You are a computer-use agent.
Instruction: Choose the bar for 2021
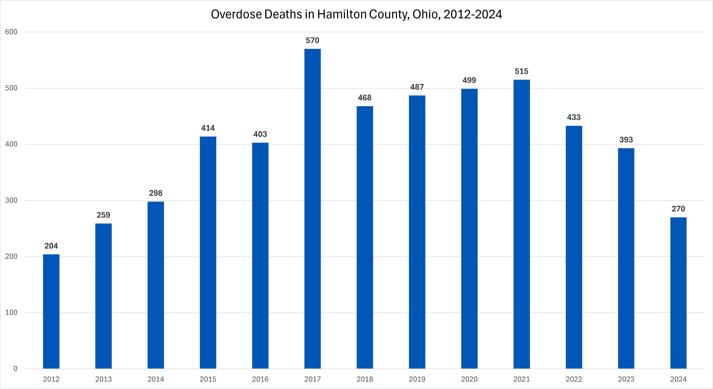click(x=521, y=224)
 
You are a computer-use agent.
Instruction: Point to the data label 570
click(x=313, y=41)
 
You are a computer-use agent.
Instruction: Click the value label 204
click(x=51, y=246)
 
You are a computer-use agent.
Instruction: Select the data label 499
click(x=469, y=80)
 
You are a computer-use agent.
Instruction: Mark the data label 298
click(x=156, y=193)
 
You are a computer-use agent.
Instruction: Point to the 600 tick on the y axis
click(x=11, y=32)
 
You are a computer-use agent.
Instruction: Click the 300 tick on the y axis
click(x=11, y=200)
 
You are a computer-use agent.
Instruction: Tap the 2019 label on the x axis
click(x=417, y=379)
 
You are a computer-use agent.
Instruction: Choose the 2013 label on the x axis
click(x=104, y=379)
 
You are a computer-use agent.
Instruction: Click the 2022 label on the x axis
click(x=574, y=379)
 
